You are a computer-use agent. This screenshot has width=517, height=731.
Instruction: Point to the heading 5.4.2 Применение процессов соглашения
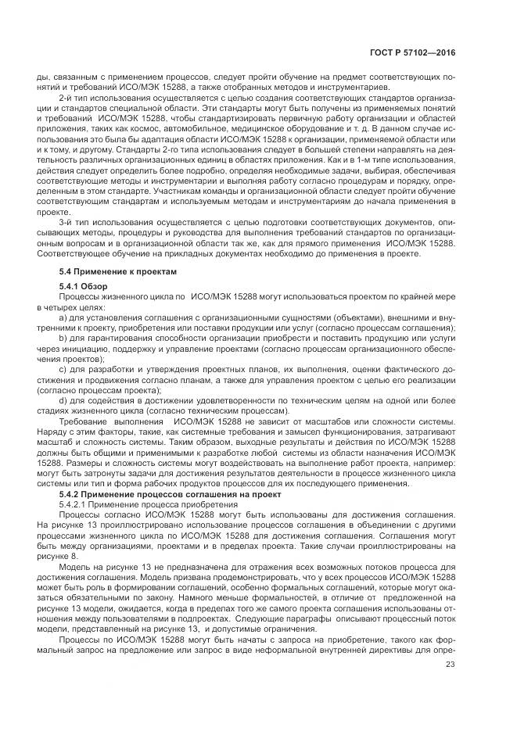[x=162, y=495]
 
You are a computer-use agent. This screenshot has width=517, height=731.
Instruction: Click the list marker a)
[x=63, y=317]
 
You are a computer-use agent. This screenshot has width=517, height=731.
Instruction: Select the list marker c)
[x=63, y=367]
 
